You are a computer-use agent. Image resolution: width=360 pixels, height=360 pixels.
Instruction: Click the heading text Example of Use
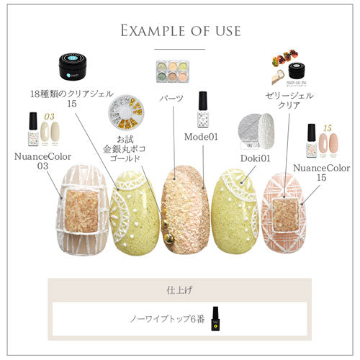(180, 32)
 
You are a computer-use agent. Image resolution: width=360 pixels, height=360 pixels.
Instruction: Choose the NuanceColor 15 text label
(323, 174)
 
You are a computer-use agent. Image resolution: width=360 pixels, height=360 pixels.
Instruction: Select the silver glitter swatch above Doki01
(256, 130)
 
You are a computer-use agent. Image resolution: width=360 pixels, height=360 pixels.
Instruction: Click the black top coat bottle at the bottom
(214, 320)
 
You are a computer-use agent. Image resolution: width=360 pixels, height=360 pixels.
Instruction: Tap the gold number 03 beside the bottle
(49, 115)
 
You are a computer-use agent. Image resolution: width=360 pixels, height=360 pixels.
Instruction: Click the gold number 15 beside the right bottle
(326, 127)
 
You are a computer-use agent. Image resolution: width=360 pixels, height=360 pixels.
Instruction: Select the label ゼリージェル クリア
(288, 101)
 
